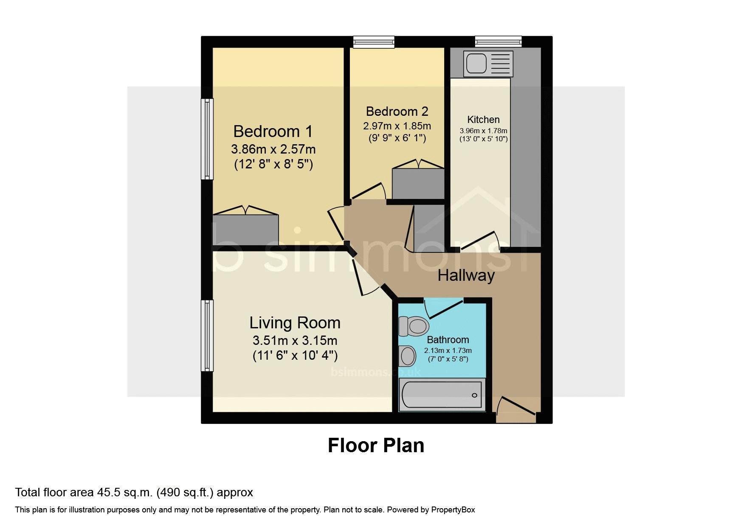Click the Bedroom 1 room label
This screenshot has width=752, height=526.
pos(273,131)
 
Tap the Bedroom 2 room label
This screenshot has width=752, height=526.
pos(397,112)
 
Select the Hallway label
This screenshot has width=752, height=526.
pos(466,276)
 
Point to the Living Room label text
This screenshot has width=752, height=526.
pos(295,323)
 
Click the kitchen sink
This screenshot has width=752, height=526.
pos(488,64)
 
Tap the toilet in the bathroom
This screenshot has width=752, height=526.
pos(414,326)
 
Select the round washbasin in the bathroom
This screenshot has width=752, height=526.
pos(408,356)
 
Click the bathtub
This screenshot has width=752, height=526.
pos(442,395)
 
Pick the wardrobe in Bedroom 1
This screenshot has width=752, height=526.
pos(245,229)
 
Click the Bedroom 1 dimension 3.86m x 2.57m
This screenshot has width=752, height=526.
pos(273,149)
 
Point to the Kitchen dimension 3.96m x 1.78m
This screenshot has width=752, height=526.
pos(483,131)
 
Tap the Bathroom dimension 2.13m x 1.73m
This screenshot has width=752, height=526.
pos(448,351)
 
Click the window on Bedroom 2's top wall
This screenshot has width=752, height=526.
pos(374,42)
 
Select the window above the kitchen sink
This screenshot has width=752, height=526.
pos(498,42)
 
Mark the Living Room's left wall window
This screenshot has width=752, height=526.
pos(207,336)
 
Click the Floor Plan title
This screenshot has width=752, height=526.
pos(376,445)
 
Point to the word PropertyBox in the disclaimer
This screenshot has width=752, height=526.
pos(453,510)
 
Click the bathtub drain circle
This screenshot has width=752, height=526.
pos(475,395)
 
